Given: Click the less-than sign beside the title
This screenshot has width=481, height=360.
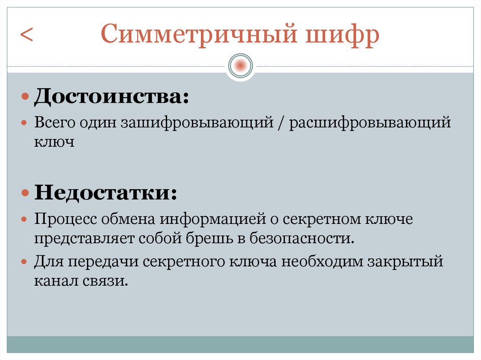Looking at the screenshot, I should point(26,36).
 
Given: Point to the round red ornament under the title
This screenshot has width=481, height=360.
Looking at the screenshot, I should point(240,65).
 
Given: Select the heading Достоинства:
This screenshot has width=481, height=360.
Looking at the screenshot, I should point(111,98).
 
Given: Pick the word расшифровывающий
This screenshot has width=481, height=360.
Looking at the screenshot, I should point(370,123).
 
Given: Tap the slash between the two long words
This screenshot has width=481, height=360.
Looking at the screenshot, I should point(281,123).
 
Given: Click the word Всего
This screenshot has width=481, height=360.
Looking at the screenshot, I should point(53,123).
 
